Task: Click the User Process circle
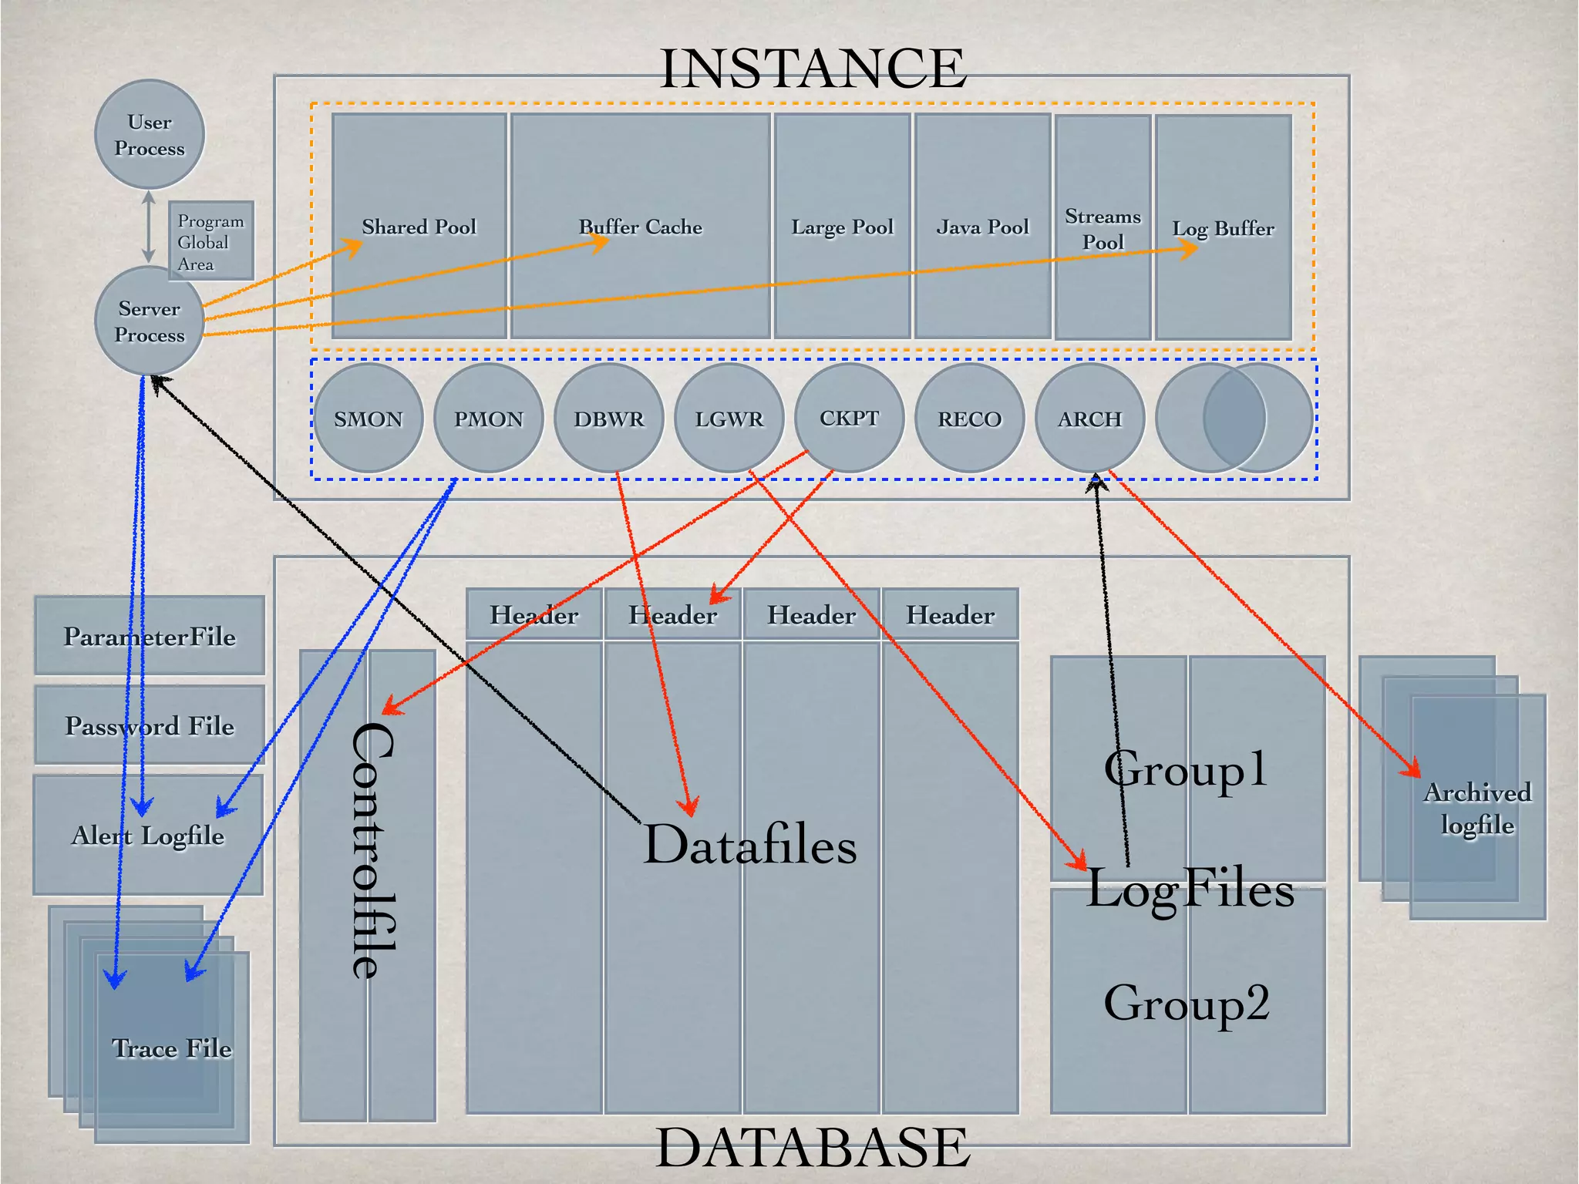click(x=150, y=135)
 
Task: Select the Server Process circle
click(x=150, y=321)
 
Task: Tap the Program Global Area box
click(x=210, y=242)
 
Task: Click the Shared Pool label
click(x=419, y=227)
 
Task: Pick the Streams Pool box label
click(x=1103, y=229)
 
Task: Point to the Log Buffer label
click(x=1223, y=228)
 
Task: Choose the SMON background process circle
click(x=369, y=419)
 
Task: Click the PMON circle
click(x=489, y=419)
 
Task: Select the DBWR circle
click(x=609, y=419)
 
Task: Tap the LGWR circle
click(x=729, y=419)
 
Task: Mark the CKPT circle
click(x=849, y=418)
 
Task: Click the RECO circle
click(x=969, y=419)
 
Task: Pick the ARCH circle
click(x=1089, y=419)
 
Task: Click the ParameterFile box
click(x=150, y=636)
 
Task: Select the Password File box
click(x=150, y=725)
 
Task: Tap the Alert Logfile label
click(x=148, y=835)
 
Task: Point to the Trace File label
click(x=171, y=1048)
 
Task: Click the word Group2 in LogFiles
click(x=1187, y=1002)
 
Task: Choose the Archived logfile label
click(x=1477, y=809)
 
